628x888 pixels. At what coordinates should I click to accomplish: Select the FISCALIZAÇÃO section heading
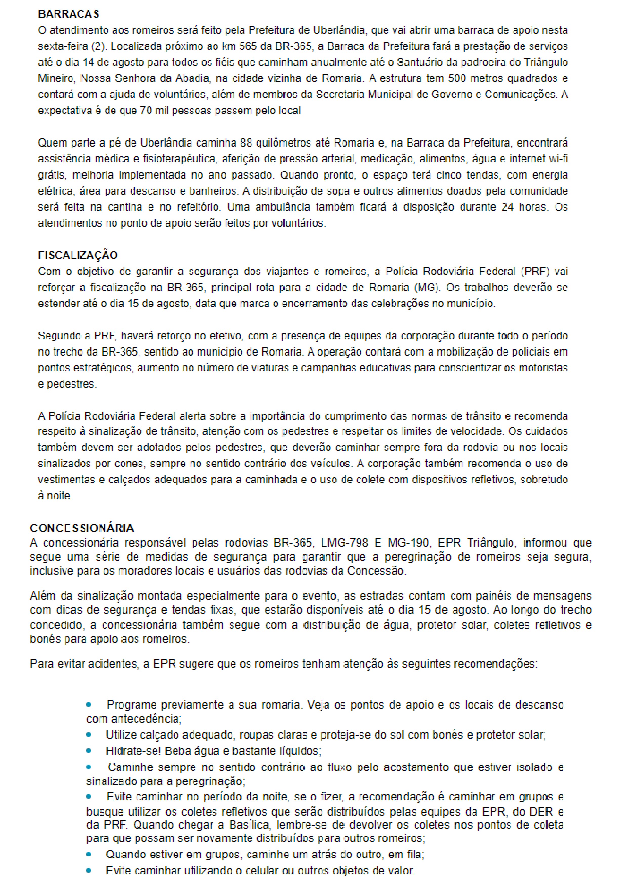[x=78, y=255]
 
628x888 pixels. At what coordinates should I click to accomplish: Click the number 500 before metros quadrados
[x=457, y=78]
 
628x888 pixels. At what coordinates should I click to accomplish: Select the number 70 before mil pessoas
[x=146, y=111]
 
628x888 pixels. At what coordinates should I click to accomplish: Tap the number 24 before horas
[x=507, y=207]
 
